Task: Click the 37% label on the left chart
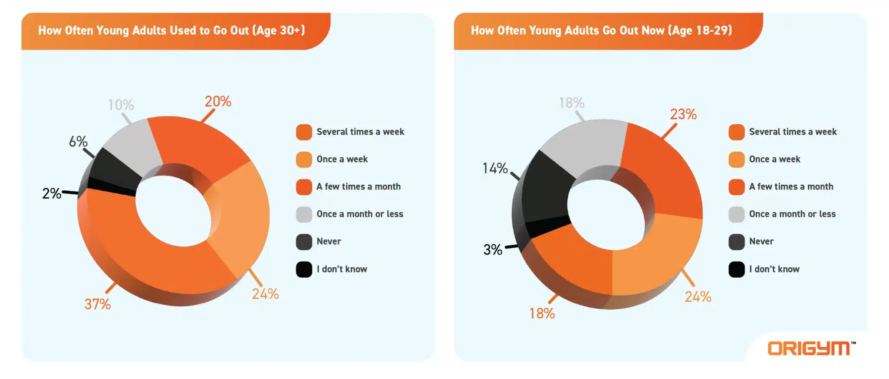click(98, 304)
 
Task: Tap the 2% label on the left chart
click(52, 193)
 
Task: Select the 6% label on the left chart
click(78, 142)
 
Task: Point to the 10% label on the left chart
click(121, 105)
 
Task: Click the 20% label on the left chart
click(218, 102)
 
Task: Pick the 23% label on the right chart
click(683, 114)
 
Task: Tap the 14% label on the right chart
click(495, 168)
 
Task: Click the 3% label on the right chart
click(493, 249)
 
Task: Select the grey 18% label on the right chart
click(571, 103)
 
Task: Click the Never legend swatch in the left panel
click(304, 242)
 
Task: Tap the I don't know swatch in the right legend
click(736, 269)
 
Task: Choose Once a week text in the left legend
click(342, 159)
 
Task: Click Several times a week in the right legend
click(793, 132)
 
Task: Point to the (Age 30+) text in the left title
click(279, 30)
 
